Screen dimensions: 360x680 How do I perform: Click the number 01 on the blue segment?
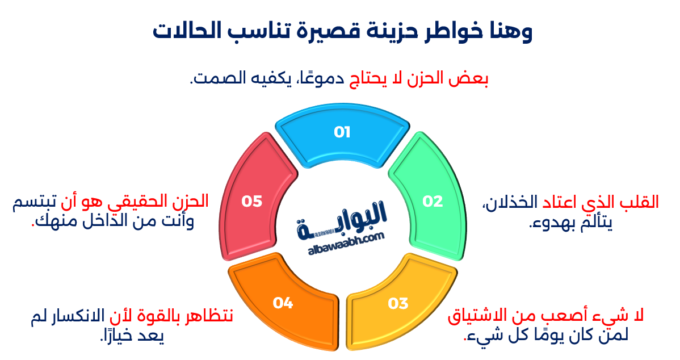click(x=342, y=133)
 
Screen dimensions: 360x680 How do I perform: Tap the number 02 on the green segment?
click(x=432, y=201)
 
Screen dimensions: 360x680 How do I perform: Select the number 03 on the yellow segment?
click(x=398, y=303)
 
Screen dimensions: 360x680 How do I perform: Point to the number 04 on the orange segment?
click(x=282, y=303)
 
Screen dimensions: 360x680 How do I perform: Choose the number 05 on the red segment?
click(x=251, y=201)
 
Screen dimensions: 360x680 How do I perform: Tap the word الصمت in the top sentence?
click(x=215, y=79)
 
